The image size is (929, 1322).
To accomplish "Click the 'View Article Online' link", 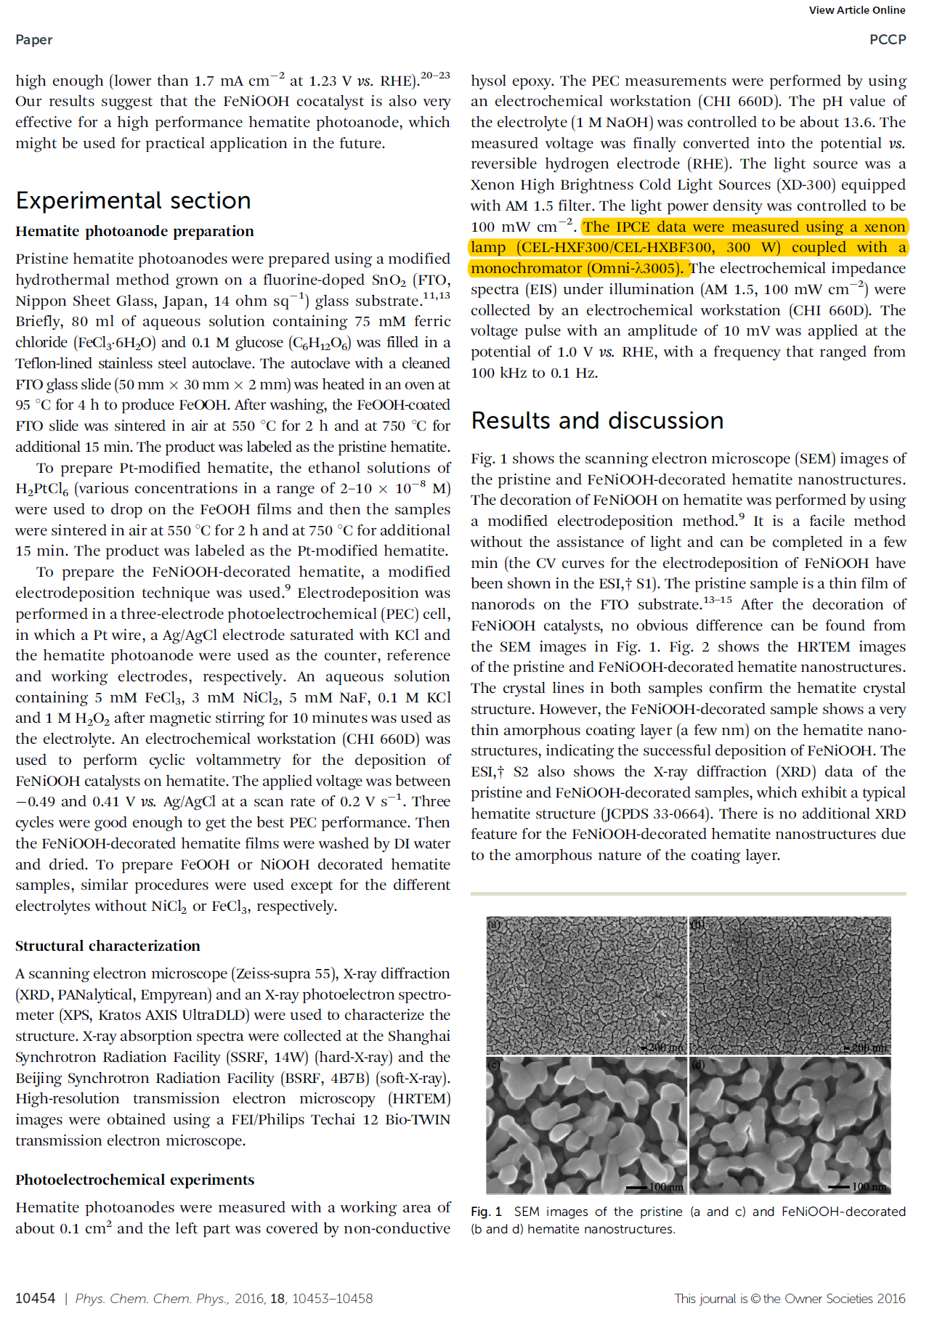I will point(856,10).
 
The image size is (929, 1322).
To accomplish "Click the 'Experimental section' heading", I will point(133,200).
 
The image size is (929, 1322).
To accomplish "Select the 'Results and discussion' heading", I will point(597,421).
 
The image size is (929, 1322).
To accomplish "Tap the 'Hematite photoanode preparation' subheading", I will point(134,231).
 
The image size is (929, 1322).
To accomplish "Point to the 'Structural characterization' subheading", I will point(107,946).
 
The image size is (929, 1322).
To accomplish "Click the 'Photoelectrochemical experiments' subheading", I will point(134,1180).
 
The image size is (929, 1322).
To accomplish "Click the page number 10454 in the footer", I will point(35,1298).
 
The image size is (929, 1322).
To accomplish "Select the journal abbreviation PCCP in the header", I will point(887,40).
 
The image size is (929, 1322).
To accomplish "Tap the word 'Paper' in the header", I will point(33,40).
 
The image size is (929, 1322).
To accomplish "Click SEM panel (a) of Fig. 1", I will point(585,985).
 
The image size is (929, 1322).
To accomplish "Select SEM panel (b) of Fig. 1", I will point(790,985).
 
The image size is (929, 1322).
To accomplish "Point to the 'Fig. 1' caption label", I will point(486,1212).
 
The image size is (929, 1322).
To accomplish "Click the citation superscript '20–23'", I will point(435,75).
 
